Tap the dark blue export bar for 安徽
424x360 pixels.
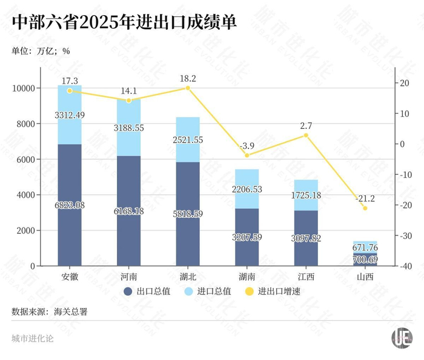[x=70, y=182]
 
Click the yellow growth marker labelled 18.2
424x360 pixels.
[x=188, y=88]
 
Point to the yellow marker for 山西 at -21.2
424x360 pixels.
[x=365, y=208]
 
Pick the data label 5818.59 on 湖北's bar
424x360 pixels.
[x=187, y=215]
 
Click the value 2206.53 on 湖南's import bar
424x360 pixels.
[x=247, y=189]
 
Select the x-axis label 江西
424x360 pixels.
[x=305, y=277]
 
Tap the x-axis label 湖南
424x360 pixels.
[x=247, y=277]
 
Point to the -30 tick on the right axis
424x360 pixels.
[x=406, y=236]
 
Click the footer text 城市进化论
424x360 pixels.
[x=32, y=338]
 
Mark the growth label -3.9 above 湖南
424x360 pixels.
[x=247, y=146]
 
